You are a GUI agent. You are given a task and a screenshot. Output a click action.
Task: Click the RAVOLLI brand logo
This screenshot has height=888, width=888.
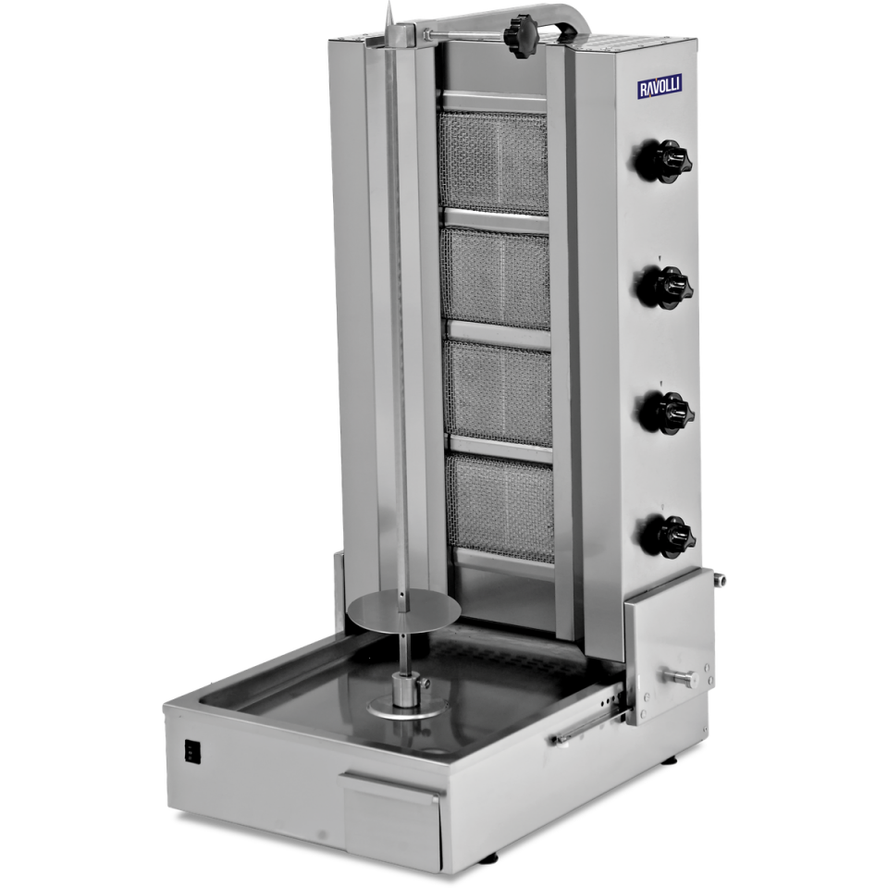click(660, 87)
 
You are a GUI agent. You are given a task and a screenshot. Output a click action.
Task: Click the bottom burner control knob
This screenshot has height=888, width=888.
click(667, 534)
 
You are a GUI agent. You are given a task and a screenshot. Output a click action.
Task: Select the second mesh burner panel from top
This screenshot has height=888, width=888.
click(498, 278)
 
